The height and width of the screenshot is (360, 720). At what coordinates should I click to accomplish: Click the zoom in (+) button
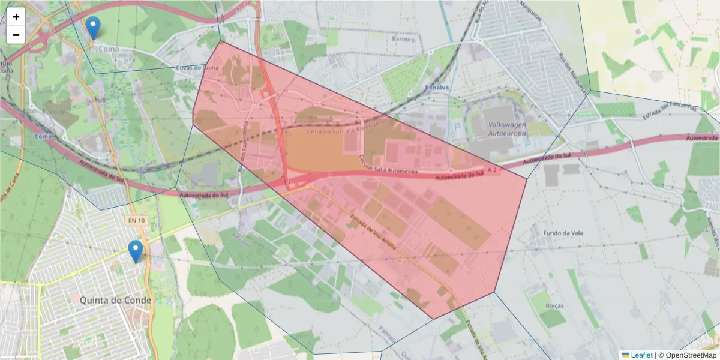point(16,17)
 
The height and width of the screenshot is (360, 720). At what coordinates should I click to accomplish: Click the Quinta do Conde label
point(116,299)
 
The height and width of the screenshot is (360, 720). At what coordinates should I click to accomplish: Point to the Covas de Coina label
point(197,68)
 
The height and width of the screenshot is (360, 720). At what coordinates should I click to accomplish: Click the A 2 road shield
point(493,171)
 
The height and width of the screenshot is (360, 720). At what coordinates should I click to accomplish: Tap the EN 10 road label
point(137,221)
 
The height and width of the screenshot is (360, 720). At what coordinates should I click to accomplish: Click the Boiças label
point(556,305)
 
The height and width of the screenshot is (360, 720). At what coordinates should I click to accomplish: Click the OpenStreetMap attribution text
point(688,355)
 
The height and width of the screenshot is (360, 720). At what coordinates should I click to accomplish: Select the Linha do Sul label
point(323,131)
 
